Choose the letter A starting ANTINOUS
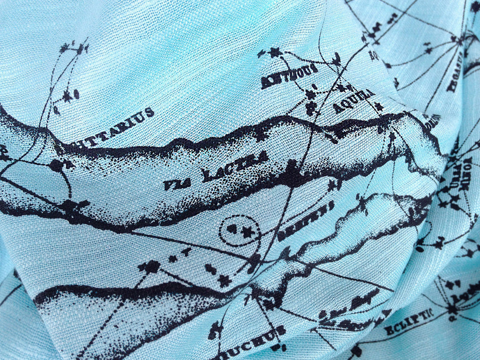point(265,83)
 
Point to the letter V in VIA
point(168,187)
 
